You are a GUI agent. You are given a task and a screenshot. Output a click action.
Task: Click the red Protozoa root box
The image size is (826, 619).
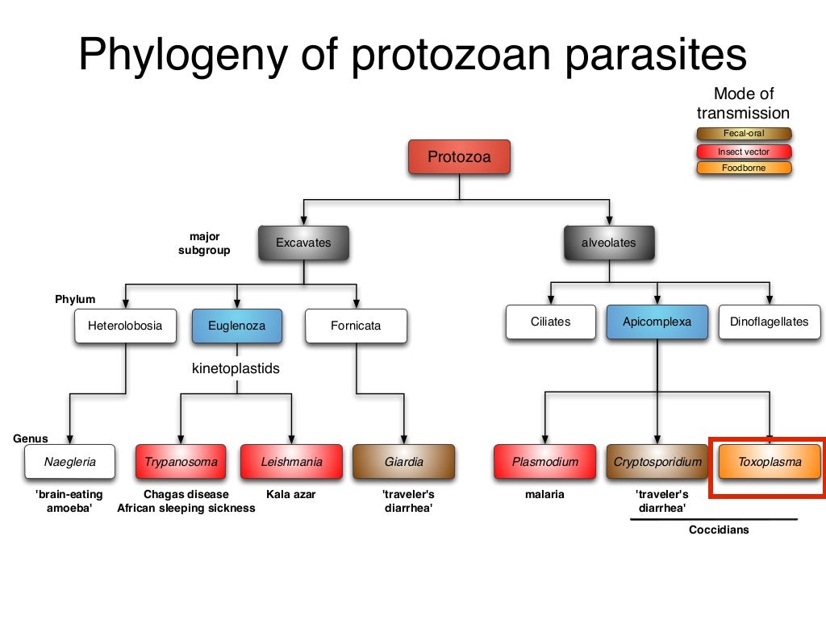tap(459, 157)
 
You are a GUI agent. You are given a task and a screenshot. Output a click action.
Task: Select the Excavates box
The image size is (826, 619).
tap(303, 243)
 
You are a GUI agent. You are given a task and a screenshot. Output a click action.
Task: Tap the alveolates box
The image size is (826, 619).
tap(609, 243)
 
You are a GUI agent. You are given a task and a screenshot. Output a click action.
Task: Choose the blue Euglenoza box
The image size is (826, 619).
tap(237, 326)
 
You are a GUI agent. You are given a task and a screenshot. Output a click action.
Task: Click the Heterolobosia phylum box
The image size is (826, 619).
tap(125, 326)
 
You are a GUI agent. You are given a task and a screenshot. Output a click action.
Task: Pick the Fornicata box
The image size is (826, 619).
tap(356, 326)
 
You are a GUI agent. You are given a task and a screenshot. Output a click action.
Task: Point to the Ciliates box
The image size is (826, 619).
tap(551, 322)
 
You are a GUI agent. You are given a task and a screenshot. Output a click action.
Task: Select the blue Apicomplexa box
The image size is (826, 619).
tap(657, 322)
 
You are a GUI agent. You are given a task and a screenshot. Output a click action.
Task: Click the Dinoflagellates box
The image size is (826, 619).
tap(769, 322)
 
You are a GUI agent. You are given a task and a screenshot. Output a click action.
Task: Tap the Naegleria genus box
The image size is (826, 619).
tap(69, 462)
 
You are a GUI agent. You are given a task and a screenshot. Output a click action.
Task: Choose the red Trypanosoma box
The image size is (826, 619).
tap(181, 462)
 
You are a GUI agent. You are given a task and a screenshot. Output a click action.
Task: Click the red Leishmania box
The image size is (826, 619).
tap(291, 462)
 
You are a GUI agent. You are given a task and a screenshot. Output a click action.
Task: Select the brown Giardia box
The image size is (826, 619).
tap(403, 462)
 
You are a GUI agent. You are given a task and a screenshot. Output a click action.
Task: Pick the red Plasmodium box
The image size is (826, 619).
tap(545, 462)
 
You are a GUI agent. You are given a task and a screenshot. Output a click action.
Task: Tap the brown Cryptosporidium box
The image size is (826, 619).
tap(657, 462)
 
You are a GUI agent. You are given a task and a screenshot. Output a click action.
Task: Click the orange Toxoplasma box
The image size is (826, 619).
tap(769, 463)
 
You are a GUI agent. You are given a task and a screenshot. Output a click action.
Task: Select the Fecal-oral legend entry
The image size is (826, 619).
tap(744, 134)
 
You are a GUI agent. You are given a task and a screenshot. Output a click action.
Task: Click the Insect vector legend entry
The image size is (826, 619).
tap(744, 152)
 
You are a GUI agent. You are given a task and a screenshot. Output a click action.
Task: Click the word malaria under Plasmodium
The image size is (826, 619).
tap(545, 494)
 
